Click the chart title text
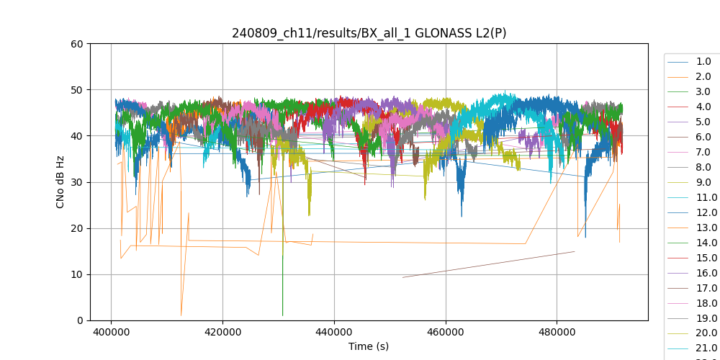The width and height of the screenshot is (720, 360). click(369, 33)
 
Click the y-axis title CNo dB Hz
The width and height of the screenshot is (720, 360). click(60, 182)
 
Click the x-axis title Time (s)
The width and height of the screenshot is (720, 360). click(369, 346)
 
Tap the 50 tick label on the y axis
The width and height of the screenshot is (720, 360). click(77, 90)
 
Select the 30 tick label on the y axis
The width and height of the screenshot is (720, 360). click(77, 182)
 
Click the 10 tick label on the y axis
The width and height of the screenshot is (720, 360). click(77, 274)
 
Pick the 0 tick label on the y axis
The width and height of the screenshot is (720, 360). click(80, 320)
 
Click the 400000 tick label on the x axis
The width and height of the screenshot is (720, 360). click(111, 333)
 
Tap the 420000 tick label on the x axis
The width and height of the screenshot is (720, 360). click(222, 333)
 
